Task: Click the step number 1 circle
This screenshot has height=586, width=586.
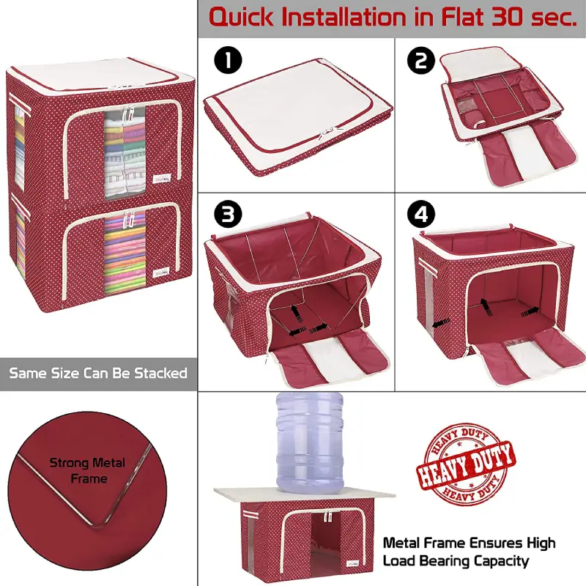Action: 228,60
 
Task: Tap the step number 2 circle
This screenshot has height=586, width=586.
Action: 420,60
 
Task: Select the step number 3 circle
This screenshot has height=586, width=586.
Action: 228,215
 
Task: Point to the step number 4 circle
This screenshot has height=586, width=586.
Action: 421,215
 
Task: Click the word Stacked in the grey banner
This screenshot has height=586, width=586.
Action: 161,373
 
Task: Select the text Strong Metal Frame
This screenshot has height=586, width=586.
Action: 87,470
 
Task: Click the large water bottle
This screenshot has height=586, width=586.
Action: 310,442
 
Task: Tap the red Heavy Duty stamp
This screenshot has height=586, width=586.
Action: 466,462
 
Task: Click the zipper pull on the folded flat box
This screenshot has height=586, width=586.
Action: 330,132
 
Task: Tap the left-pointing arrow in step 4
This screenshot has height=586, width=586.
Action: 441,324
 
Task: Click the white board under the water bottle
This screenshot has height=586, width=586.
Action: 305,494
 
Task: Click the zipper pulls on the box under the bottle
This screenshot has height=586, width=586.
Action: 328,516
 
